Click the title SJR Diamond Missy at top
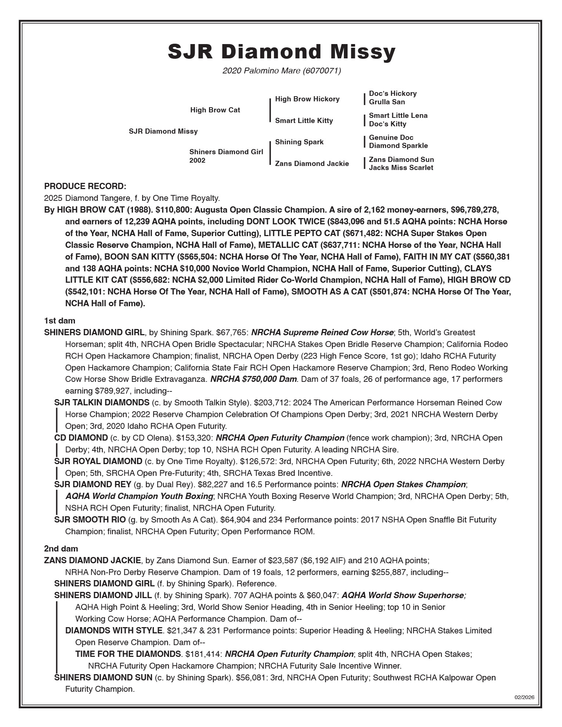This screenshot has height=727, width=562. pos(281,52)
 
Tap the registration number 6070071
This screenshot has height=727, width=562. pos(322,70)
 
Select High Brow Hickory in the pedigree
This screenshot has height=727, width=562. pos(307,99)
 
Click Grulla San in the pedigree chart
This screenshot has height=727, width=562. pos(387,102)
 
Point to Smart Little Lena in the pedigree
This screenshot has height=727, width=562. pos(398,116)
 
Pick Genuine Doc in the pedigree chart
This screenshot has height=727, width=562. pos(391,138)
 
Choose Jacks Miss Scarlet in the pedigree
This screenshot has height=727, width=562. pos(401,168)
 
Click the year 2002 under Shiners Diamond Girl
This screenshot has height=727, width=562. pos(197,161)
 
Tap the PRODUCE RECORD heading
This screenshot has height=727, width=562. pos(85,187)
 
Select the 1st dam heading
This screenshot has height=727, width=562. pos(60,321)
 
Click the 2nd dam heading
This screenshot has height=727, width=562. pos(61,549)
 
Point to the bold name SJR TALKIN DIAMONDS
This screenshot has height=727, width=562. pos(102,402)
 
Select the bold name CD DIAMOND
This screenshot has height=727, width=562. pos(81,438)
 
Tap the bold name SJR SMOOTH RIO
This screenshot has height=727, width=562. pos(90,520)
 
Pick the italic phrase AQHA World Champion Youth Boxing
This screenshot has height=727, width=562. pos(139,496)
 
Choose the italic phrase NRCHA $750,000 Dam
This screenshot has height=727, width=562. pos(253,379)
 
